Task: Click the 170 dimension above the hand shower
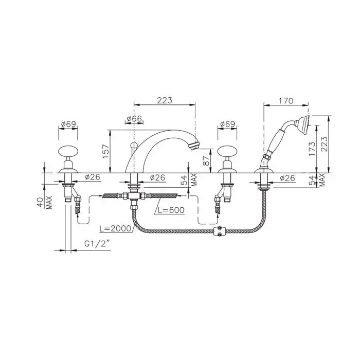(x=286, y=101)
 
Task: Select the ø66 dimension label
(x=135, y=119)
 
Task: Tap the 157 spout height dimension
(x=105, y=151)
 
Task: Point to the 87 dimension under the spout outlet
(x=206, y=160)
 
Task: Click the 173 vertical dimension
(x=312, y=149)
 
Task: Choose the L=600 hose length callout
(x=170, y=210)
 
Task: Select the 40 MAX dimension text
(x=45, y=202)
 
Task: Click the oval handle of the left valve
(x=68, y=152)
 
